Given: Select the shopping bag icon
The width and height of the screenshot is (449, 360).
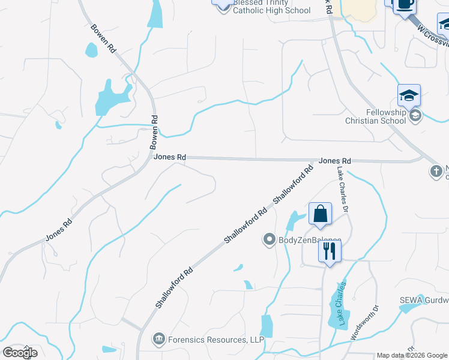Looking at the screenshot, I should pyautogui.click(x=320, y=214).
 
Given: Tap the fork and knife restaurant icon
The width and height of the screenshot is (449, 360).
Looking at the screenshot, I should pyautogui.click(x=330, y=251).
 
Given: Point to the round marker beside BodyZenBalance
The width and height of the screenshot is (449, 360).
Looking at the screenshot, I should pyautogui.click(x=269, y=240).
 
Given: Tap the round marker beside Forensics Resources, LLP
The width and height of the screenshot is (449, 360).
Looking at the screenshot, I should pyautogui.click(x=158, y=340).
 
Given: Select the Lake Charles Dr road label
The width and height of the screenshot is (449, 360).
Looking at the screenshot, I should pyautogui.click(x=342, y=191).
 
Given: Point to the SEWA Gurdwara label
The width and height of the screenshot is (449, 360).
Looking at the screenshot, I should pyautogui.click(x=424, y=300).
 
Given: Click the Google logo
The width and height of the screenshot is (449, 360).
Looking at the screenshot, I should pyautogui.click(x=20, y=352).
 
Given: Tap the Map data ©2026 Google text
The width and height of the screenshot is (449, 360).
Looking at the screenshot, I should pyautogui.click(x=411, y=355).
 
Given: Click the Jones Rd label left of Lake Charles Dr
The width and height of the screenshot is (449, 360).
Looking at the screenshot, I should pyautogui.click(x=334, y=161).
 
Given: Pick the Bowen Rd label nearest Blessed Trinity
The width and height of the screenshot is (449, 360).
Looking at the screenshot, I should pyautogui.click(x=103, y=40).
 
